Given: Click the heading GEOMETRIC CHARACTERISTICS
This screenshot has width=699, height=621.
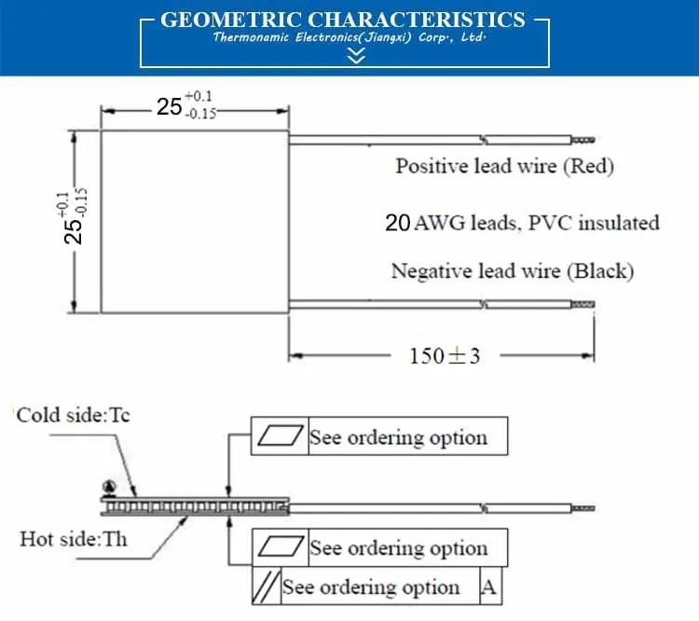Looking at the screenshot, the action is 343,20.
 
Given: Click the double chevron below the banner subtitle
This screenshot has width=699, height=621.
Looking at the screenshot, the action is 355,58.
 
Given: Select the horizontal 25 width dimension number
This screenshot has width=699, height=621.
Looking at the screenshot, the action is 169,106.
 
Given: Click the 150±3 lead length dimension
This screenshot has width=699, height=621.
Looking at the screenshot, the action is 445,355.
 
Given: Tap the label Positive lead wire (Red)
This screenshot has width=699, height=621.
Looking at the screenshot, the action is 504,167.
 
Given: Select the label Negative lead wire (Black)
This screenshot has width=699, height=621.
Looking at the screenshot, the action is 512,271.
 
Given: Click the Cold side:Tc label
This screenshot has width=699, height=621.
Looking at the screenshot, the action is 73,415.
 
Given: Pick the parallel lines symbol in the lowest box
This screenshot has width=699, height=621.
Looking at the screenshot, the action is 267,587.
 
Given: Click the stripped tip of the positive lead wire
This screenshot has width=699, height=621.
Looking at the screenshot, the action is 582,141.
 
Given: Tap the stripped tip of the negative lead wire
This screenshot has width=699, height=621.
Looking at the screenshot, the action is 582,305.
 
